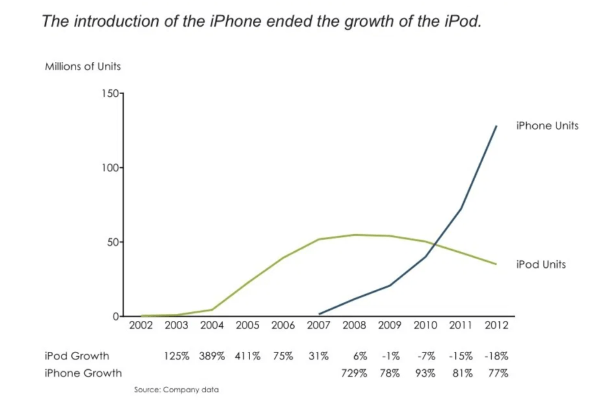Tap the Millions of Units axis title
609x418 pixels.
tap(83, 66)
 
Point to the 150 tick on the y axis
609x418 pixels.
tap(111, 93)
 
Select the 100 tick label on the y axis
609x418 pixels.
tap(111, 168)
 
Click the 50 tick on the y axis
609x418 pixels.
tap(113, 242)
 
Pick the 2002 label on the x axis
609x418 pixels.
tap(141, 325)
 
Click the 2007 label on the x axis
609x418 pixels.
tap(318, 325)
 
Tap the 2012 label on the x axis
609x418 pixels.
tap(496, 325)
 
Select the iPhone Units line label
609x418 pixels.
tap(547, 126)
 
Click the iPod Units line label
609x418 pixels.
tap(541, 264)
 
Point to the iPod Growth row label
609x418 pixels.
tap(77, 356)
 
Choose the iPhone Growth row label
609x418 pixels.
tap(83, 373)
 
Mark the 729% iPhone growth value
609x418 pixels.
tap(354, 373)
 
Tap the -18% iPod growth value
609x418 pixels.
tap(496, 356)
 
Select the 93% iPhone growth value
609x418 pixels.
tap(425, 373)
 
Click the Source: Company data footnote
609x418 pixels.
tap(176, 389)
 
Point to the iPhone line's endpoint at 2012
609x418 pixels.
tap(496, 126)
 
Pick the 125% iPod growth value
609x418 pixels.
tap(177, 356)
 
